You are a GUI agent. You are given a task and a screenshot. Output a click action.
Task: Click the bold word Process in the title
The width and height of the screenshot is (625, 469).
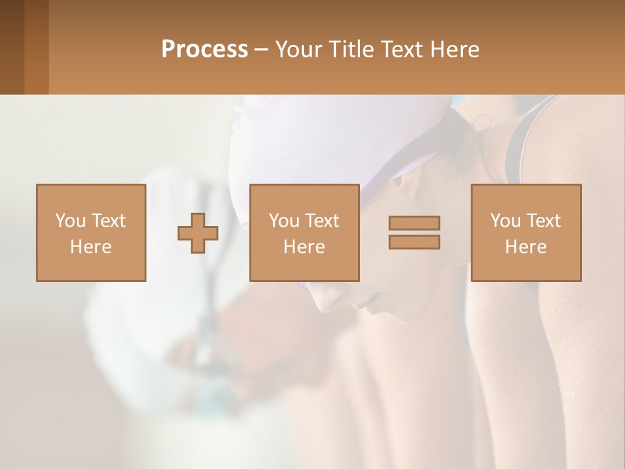(x=204, y=50)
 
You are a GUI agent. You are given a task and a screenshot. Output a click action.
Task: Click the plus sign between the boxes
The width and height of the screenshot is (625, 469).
(x=198, y=233)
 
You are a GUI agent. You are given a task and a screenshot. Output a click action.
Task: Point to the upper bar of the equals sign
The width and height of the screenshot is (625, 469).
(x=414, y=223)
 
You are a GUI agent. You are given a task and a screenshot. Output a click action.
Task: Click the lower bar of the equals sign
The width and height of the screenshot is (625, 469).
(x=414, y=242)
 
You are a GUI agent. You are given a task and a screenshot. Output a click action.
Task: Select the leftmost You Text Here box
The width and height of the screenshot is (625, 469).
(x=91, y=233)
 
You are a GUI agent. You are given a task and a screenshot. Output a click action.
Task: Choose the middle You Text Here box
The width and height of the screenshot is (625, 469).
(x=305, y=233)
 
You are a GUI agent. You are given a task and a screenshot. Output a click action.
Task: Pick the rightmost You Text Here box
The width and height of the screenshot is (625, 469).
(x=526, y=233)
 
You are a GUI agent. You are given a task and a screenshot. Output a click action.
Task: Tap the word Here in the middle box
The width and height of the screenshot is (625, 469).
(x=305, y=247)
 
